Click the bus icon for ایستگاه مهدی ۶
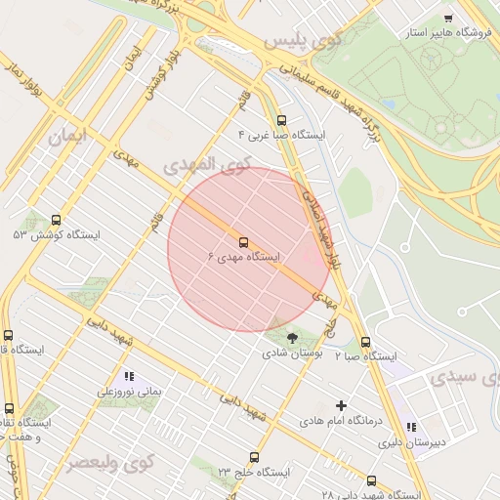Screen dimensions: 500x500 243,242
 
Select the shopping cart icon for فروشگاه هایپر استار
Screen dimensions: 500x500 448,19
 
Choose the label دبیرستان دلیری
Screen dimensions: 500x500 411,441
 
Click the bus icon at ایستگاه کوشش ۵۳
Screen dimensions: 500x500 55,221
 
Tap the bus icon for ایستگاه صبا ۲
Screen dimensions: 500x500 366,343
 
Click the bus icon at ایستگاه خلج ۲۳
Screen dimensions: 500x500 255,457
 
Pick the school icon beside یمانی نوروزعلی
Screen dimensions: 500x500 129,376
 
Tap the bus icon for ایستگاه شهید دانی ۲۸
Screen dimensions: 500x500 371,480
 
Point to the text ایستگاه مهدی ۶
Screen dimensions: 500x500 243,257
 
